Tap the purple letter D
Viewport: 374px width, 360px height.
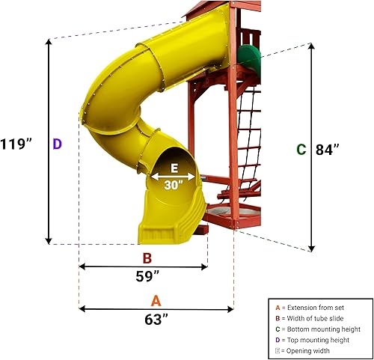point(57,143)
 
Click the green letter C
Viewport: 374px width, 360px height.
point(301,150)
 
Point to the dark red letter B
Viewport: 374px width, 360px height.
point(147,258)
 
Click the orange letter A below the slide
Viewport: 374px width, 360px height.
point(156,300)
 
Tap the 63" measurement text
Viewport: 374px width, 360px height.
point(156,318)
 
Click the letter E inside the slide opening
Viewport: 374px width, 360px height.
point(174,168)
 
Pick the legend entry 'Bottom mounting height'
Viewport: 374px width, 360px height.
point(320,329)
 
